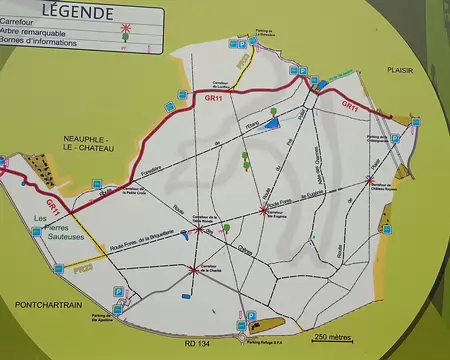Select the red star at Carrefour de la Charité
(193, 268)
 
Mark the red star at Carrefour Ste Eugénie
(264, 209)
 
